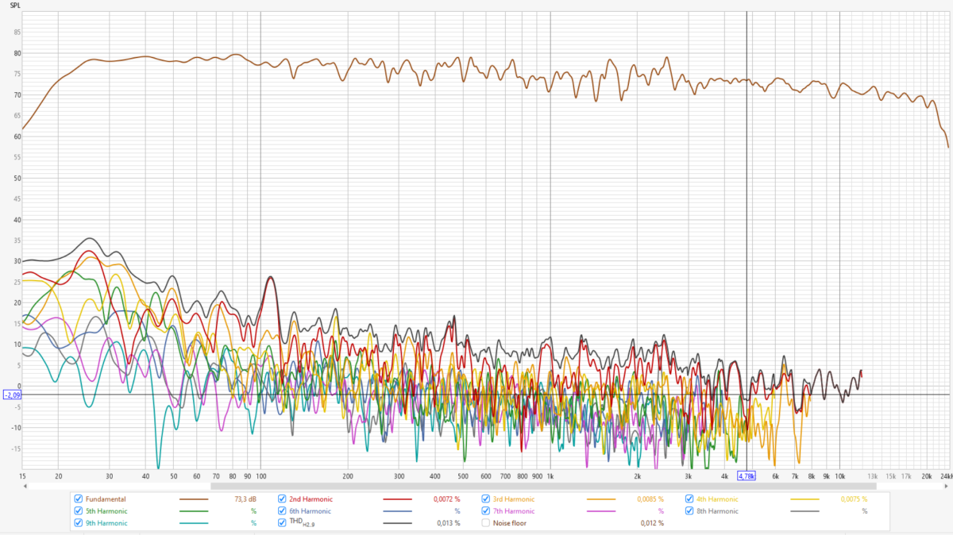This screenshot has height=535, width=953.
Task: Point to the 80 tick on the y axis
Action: tap(17, 53)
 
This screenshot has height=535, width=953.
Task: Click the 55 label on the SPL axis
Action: tap(17, 157)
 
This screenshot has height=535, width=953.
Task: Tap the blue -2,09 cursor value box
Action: tap(12, 395)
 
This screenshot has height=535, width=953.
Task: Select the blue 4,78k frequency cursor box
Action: tap(747, 476)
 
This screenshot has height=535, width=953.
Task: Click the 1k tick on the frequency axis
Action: tap(550, 476)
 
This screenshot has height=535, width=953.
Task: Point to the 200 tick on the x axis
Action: tap(347, 476)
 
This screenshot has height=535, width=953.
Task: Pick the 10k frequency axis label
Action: tap(839, 476)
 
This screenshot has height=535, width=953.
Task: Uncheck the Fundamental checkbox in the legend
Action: tap(78, 499)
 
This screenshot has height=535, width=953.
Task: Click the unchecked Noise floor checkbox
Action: tap(486, 523)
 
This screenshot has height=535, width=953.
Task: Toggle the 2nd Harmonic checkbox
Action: tap(282, 499)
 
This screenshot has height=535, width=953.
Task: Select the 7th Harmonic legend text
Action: tap(513, 511)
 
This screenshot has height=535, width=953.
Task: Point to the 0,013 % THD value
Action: tap(449, 523)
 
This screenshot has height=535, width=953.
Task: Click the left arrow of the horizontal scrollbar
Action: tap(25, 486)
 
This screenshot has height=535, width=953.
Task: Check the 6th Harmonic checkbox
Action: tap(282, 511)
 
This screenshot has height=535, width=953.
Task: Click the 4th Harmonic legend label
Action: tap(718, 499)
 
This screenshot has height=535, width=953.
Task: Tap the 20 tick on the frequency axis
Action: tap(58, 476)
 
